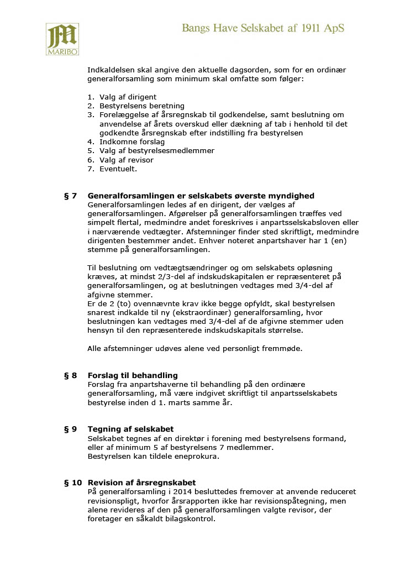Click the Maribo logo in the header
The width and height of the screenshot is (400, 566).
point(62,39)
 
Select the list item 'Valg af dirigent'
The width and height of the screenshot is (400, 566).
point(128,97)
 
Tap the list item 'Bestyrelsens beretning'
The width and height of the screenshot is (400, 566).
point(142,106)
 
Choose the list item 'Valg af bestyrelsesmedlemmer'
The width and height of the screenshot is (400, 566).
point(156,151)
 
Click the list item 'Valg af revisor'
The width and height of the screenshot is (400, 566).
point(127,160)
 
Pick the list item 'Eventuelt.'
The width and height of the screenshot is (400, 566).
point(118,169)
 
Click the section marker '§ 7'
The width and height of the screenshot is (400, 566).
point(71,196)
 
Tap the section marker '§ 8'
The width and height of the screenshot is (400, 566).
point(71,376)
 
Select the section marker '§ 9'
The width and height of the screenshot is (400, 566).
point(71,429)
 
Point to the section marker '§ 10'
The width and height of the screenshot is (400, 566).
point(73,483)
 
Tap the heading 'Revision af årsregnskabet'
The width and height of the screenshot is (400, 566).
point(141,483)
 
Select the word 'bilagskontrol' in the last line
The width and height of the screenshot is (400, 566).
point(190,520)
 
